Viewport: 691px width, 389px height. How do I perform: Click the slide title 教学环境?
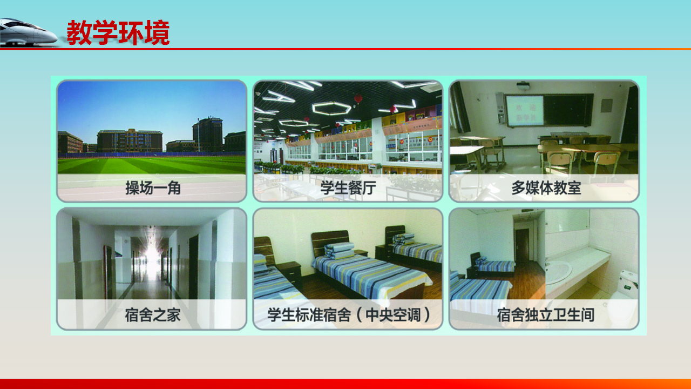click(118, 33)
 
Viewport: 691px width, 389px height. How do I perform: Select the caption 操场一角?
click(153, 188)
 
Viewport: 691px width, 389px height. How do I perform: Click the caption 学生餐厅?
click(348, 188)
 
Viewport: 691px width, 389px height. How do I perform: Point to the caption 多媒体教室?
click(546, 188)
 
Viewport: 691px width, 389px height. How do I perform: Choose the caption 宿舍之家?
click(153, 315)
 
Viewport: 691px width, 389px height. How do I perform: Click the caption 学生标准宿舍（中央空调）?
click(349, 315)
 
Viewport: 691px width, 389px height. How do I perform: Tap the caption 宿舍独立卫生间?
click(545, 315)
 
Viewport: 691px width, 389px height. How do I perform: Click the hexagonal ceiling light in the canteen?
click(331, 109)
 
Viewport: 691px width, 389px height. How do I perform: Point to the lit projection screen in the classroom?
click(525, 111)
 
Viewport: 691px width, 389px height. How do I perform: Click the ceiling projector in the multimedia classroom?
click(523, 86)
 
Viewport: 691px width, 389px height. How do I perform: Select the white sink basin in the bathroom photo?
click(558, 272)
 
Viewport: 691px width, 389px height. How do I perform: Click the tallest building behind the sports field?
click(208, 135)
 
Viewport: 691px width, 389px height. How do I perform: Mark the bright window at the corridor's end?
click(152, 257)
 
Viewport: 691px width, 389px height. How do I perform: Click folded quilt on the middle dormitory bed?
click(340, 250)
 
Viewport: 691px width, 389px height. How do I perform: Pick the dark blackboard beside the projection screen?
click(568, 110)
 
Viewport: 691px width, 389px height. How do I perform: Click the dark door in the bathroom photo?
click(522, 245)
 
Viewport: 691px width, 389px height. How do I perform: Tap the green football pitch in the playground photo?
click(152, 165)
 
